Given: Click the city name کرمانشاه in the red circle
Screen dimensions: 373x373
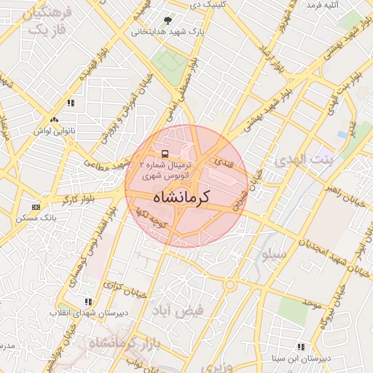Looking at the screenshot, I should click(181, 197).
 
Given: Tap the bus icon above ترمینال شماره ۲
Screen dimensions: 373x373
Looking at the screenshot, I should click(165, 154).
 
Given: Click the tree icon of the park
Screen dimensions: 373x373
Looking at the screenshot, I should click(169, 21).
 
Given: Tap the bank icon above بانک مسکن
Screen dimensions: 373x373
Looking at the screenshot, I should click(36, 208).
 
